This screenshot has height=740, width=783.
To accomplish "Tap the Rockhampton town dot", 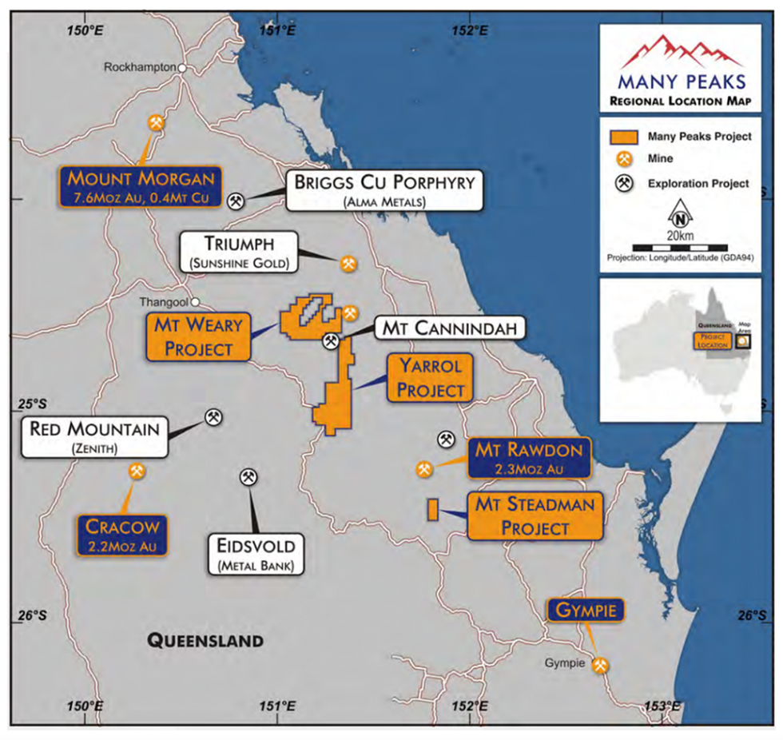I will coord(182,69).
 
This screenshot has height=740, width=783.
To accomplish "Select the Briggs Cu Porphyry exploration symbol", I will coord(236,201).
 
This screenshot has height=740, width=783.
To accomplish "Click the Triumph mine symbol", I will coord(348,263).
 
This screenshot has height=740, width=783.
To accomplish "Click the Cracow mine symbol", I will coord(137,471).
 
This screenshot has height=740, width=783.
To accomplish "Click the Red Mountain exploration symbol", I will coord(213,416).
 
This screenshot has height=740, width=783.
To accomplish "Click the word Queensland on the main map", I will coord(205,640).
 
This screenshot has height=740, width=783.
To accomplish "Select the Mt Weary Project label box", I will coord(197,337).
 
